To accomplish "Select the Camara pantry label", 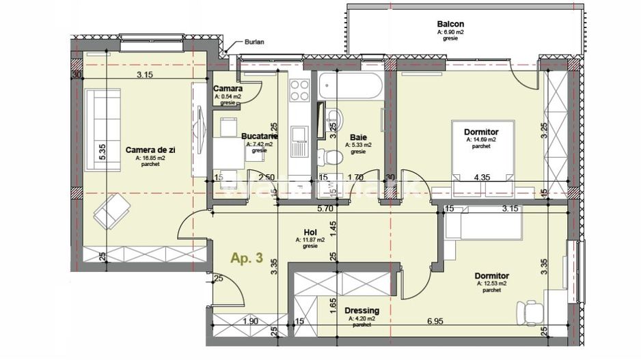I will (x=228, y=89).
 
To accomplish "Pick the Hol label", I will (x=310, y=232).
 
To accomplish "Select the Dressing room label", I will (x=362, y=311).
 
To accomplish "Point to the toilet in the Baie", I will (x=332, y=156).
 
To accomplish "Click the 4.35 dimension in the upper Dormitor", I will (x=484, y=178).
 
